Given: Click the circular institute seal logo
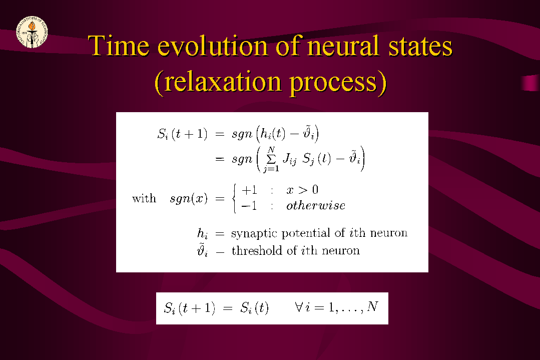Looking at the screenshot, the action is click(x=32, y=32).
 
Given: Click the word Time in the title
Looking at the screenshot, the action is click(x=119, y=46).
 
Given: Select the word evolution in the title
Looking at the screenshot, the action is click(x=213, y=46).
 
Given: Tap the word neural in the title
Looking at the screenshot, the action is click(x=343, y=46).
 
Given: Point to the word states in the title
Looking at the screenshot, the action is click(x=420, y=47).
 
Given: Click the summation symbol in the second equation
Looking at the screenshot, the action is click(x=271, y=159).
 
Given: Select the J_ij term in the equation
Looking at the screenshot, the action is click(x=289, y=159).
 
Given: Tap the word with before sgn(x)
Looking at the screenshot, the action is click(x=144, y=198).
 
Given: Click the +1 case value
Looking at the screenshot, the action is click(x=250, y=190).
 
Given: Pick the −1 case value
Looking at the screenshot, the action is click(x=249, y=206).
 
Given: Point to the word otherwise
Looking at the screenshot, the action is click(x=316, y=206).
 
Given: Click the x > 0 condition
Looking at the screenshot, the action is click(x=302, y=190).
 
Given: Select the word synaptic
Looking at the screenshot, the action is click(x=254, y=233).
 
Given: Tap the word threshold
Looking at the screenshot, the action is click(x=257, y=250).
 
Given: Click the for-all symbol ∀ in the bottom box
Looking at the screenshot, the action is click(x=299, y=306).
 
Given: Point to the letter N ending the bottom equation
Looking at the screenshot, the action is click(x=373, y=306).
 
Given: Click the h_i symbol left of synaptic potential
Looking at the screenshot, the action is click(x=203, y=233).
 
